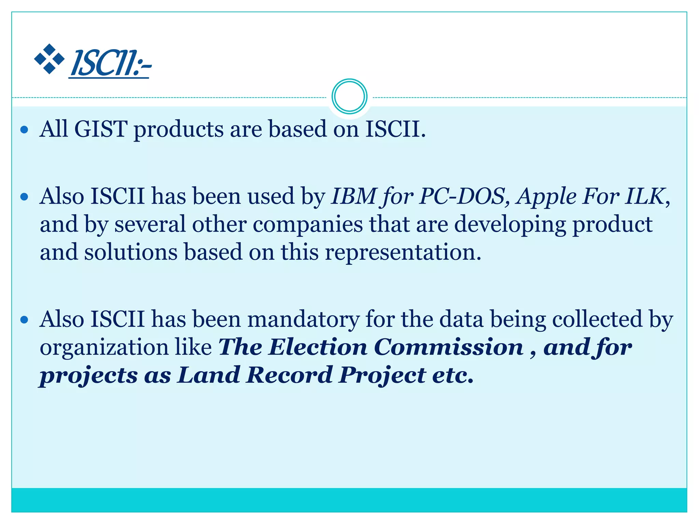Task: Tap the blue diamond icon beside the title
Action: tap(49, 59)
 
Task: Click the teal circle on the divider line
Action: tap(349, 97)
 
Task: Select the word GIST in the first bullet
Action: tap(100, 129)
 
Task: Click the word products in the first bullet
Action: tap(178, 130)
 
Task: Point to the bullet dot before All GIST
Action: tap(24, 130)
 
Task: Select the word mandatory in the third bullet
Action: tap(303, 320)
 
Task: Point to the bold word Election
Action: tap(318, 347)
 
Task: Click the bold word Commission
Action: tap(449, 347)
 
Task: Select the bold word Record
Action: tap(289, 375)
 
